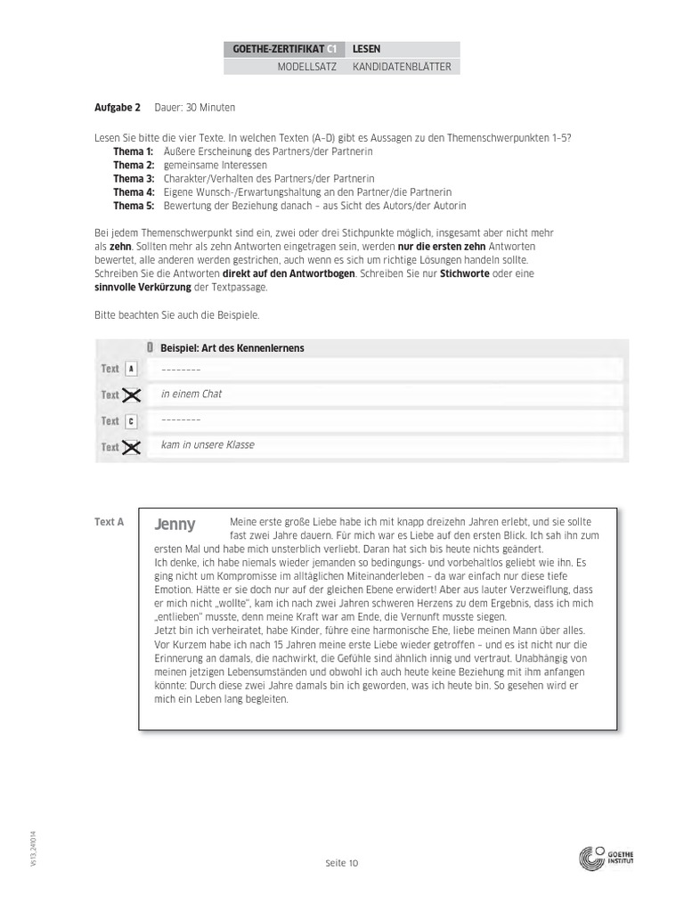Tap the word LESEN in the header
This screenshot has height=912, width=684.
click(x=367, y=50)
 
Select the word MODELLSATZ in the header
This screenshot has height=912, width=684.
click(x=306, y=67)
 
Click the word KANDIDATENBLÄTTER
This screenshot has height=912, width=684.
click(x=401, y=67)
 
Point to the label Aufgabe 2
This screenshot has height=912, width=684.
click(x=118, y=108)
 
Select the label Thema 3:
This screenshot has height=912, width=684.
click(x=134, y=178)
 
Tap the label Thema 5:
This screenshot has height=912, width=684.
click(x=134, y=205)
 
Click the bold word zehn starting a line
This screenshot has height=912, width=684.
click(x=120, y=245)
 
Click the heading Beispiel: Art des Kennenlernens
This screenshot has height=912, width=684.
click(x=232, y=348)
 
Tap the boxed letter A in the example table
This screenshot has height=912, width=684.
click(x=131, y=369)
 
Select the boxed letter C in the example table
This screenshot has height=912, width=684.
click(x=131, y=421)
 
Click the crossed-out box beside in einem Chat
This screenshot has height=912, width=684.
click(x=131, y=395)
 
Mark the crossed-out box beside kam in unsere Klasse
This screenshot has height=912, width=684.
click(x=131, y=447)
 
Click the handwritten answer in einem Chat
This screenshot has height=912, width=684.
click(x=191, y=395)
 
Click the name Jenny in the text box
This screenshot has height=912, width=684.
click(x=175, y=525)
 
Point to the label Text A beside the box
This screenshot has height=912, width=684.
click(x=109, y=522)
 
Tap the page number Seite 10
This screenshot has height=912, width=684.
click(x=341, y=862)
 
